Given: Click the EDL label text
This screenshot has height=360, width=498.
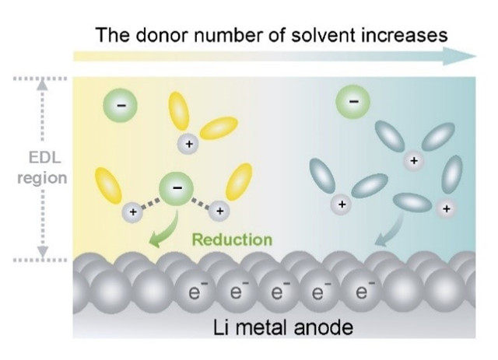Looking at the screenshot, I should pos(43,160).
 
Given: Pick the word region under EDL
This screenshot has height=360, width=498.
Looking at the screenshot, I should pos(43,178).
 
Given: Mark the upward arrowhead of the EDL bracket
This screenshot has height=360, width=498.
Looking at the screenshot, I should pos(44,84).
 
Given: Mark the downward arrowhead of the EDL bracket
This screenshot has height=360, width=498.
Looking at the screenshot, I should pos(44,251).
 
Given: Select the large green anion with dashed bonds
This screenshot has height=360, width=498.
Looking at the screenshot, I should pos(177,189).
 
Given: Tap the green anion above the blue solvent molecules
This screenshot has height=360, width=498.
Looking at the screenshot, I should pos(352,101).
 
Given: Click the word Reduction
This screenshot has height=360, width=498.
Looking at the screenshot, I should pos(232,239).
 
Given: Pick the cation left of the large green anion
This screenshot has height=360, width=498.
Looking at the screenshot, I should pos(133,210).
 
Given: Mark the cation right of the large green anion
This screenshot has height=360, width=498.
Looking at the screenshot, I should pos(220,210).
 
